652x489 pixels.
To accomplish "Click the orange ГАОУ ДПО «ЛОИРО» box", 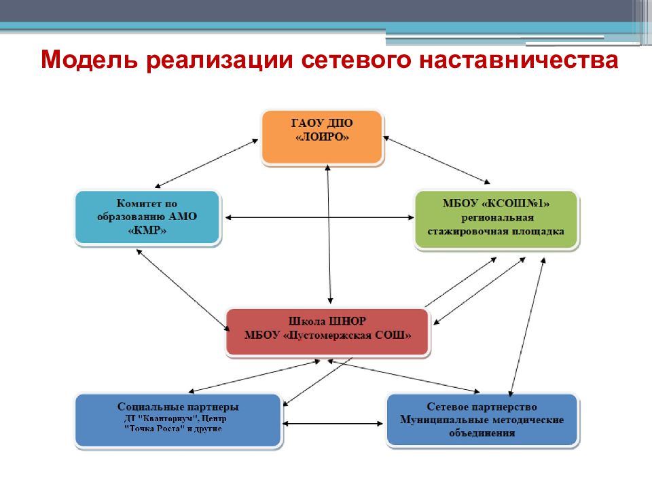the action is point(322,137).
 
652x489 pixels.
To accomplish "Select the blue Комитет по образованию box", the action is point(147,217).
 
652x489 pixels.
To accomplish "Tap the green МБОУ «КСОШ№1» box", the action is point(496,219).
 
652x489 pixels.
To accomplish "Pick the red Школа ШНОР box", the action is point(327,332).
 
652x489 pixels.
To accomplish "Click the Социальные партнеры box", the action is point(178,420).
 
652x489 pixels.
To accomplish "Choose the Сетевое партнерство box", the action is point(482,419).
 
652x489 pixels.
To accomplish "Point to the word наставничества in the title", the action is point(518,60).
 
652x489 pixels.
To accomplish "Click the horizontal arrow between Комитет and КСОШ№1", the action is point(319,217).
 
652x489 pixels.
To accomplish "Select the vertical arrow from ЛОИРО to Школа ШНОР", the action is point(329,234).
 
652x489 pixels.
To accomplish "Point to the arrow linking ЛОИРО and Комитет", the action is point(206,164).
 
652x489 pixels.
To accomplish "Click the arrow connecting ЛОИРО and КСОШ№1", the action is point(437,160).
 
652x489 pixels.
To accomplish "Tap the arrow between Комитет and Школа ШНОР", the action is point(183,290).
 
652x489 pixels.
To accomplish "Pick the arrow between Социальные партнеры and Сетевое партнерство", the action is point(333,424).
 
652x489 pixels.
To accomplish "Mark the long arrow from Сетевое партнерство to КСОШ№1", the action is point(527,327).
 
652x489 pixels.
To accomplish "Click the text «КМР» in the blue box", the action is point(147,230).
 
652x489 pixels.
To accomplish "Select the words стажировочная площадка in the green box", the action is point(496,232).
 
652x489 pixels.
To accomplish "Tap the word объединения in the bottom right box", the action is point(482,433).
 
